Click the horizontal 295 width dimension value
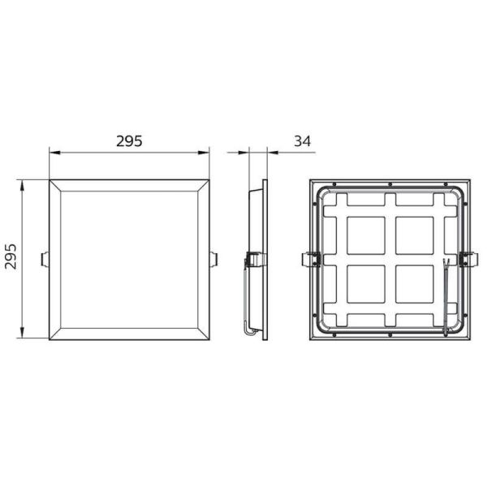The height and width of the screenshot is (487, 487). pos(130,140)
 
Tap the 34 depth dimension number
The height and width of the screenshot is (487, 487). pos(303,141)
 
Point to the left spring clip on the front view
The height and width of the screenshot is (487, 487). pos(45,258)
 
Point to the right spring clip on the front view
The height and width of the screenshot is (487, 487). pos(214,258)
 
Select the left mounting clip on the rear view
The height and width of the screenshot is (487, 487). pos(310,260)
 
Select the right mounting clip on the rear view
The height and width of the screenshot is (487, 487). pos(468,260)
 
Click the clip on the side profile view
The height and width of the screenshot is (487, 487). pos(253,260)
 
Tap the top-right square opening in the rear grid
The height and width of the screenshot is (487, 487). pos(416,235)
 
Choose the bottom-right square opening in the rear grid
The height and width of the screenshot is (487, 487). pos(416,286)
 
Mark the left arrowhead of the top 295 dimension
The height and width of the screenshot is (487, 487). pos(53,152)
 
